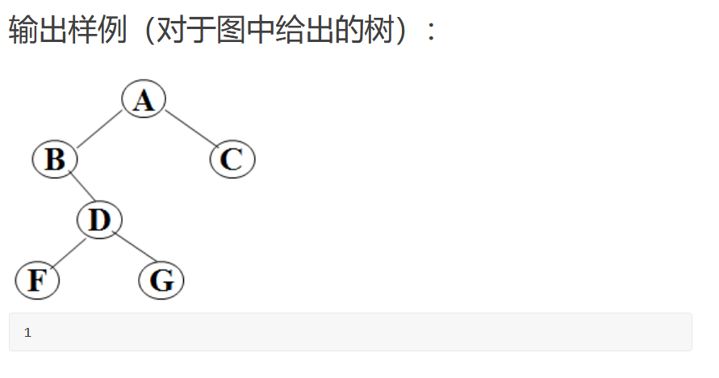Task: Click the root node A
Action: pos(144,99)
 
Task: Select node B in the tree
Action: pos(55,159)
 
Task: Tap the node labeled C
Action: pos(232,159)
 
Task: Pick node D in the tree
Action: pos(99,220)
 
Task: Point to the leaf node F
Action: pos(37,280)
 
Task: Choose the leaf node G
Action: pos(161,281)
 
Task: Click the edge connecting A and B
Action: pos(99,129)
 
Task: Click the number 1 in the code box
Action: pos(27,333)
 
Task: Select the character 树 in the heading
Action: pos(373,31)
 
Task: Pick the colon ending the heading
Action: pos(432,32)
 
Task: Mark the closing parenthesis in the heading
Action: pos(400,31)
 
